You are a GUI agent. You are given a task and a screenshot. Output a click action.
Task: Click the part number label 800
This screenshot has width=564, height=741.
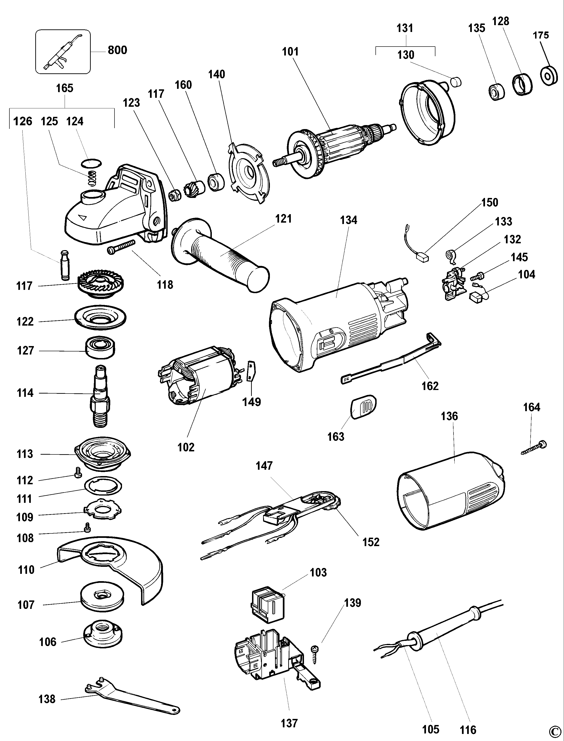tap(117, 50)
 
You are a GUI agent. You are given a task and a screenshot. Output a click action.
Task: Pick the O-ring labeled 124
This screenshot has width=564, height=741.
tap(91, 163)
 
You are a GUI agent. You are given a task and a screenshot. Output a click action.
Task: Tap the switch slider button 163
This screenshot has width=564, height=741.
tap(363, 407)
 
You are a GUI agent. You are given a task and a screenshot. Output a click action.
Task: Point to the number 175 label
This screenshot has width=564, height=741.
tap(541, 35)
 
